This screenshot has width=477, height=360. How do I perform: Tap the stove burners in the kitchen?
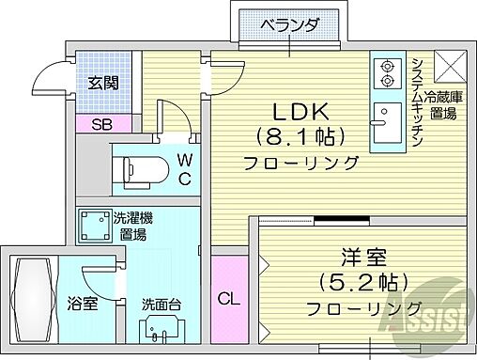point(385,73)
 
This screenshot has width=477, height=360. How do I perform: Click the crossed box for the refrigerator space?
point(448,66)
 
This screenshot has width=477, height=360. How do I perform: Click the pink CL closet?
point(227,299)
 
